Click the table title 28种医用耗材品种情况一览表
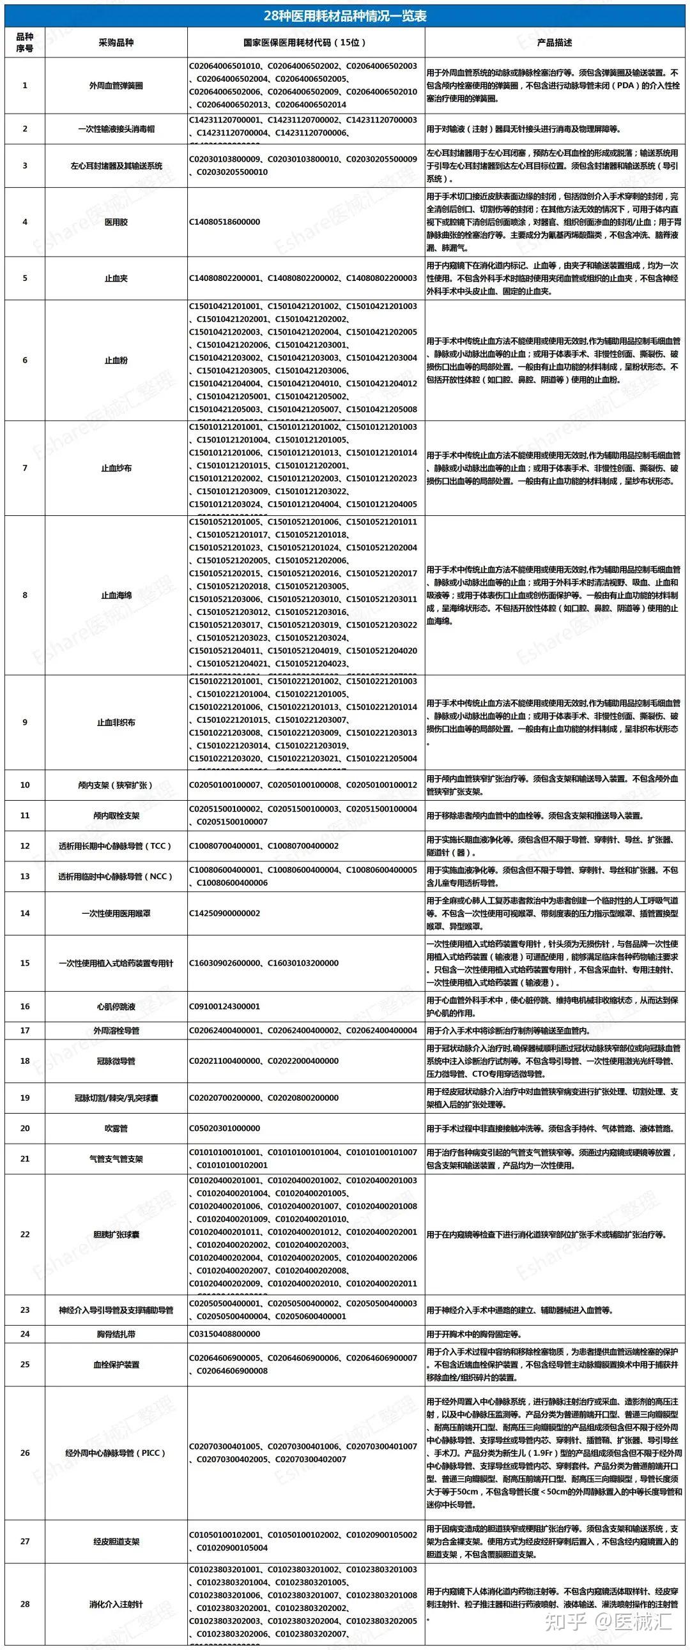pos(344,15)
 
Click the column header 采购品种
pos(116,43)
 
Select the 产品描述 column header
pos(554,43)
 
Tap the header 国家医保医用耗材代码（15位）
pos(305,43)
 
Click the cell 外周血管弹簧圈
pos(116,85)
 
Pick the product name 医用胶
pos(116,222)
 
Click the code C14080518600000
pos(225,222)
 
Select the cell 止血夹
pos(116,278)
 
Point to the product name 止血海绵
pos(116,595)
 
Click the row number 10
pos(25,785)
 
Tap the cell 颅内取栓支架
pos(116,815)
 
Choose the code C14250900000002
pos(225,912)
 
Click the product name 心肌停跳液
pos(116,1006)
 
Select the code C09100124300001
pos(225,1006)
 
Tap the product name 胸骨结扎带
pos(116,1334)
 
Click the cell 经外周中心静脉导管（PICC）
pos(116,1453)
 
